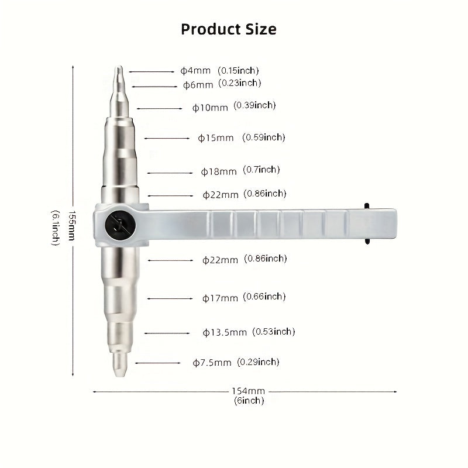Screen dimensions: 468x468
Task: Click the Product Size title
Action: tap(229, 29)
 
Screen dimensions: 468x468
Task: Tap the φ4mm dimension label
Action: tap(195, 71)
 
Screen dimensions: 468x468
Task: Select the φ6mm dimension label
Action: tap(198, 85)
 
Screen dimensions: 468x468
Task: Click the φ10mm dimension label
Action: tap(210, 108)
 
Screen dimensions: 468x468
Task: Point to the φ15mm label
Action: tap(215, 138)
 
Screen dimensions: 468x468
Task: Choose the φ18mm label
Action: tap(219, 171)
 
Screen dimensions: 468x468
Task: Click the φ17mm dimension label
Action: tap(220, 298)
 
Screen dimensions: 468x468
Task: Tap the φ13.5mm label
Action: tap(225, 332)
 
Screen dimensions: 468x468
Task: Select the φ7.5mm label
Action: tap(212, 363)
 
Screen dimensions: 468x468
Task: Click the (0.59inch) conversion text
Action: tap(265, 137)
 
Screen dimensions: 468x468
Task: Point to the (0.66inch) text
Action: tap(264, 297)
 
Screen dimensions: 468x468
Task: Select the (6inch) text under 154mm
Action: tap(249, 401)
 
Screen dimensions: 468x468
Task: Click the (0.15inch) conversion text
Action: tap(238, 71)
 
